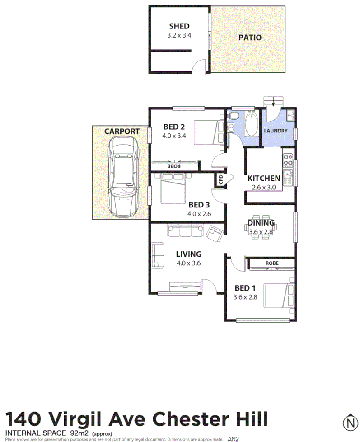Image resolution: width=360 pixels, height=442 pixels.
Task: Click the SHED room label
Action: pyautogui.click(x=179, y=26)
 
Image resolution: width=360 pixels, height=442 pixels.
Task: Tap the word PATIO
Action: pyautogui.click(x=250, y=38)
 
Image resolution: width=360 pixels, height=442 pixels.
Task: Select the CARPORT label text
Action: pyautogui.click(x=122, y=132)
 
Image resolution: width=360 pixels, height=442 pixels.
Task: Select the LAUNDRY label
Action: pyautogui.click(x=276, y=131)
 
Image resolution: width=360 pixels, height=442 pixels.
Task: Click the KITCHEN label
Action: pyautogui.click(x=264, y=178)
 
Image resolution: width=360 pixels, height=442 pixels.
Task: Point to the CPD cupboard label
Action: pyautogui.click(x=221, y=180)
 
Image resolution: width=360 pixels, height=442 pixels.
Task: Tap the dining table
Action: pyautogui.click(x=261, y=227)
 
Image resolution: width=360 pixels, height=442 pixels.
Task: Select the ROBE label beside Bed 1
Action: pyautogui.click(x=271, y=263)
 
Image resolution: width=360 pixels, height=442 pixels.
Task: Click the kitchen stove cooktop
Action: pyautogui.click(x=288, y=160)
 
